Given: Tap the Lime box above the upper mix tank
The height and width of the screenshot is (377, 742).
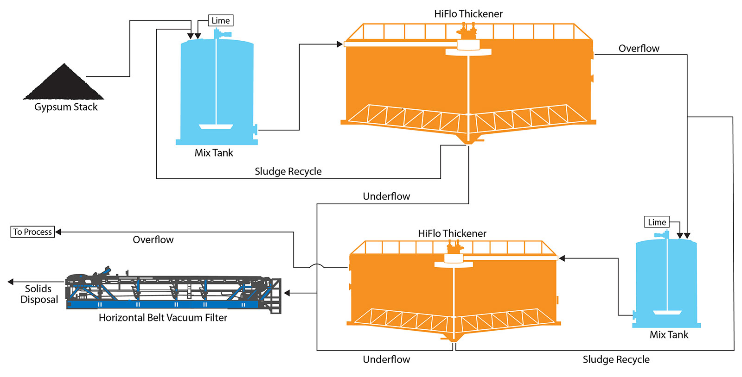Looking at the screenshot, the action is coord(221,20).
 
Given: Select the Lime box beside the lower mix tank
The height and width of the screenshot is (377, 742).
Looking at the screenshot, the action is coord(657,222).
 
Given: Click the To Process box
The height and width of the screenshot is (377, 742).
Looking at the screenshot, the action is coord(32,232).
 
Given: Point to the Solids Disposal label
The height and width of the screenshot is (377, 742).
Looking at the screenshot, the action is coord(39,294).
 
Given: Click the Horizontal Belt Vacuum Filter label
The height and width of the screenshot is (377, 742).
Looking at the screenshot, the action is coord(163,318).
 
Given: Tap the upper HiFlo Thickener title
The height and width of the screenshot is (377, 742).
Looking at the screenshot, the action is coord(468,14).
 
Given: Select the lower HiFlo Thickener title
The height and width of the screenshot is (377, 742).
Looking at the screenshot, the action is coord(452,233).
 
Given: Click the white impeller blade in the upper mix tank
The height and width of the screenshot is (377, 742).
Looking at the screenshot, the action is coord(216,126).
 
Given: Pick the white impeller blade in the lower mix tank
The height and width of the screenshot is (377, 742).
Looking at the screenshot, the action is coord(667,313).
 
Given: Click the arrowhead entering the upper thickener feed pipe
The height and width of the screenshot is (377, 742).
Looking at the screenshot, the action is coord(339,44).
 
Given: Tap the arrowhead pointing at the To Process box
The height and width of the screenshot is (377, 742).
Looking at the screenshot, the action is coord(58,232).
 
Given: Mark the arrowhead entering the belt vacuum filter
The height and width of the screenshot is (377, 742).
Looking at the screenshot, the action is coord(287,293).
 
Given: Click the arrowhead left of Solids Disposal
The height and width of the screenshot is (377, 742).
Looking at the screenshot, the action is coord(11,282).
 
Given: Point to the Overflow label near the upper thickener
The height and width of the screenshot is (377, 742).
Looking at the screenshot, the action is coord(639,49).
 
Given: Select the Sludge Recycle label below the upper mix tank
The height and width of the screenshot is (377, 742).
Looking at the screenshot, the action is coord(288,171).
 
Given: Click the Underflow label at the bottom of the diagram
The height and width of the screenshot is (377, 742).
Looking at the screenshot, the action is coord(387,359).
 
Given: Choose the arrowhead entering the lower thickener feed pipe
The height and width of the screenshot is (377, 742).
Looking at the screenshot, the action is coord(562,258).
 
